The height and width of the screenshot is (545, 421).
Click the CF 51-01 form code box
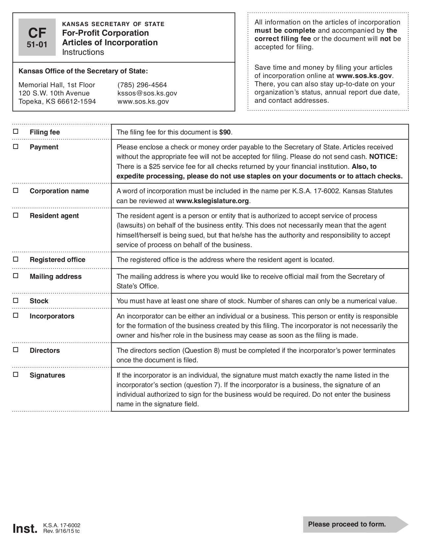37,37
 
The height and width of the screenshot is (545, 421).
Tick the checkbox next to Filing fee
16,131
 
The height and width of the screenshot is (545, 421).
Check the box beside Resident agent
16,215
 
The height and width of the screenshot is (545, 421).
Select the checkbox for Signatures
16,375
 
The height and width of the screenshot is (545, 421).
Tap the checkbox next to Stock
16,300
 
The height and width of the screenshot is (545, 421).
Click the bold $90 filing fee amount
225,132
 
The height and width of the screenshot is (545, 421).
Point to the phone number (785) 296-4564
142,85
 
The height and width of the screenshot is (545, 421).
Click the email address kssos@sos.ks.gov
147,93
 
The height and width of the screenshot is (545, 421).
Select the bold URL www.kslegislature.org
212,201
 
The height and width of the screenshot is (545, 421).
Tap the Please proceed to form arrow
355,524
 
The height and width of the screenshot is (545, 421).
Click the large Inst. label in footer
25,528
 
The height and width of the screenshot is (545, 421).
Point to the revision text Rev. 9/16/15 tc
61,531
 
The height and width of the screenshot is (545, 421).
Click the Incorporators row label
52,316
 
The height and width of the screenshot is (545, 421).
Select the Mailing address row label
55,276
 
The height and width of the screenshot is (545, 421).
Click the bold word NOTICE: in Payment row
383,157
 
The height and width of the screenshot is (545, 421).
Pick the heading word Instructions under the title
83,52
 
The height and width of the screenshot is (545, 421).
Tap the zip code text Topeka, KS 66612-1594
57,101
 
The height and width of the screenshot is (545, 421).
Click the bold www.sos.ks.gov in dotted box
364,76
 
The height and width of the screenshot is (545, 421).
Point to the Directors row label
45,350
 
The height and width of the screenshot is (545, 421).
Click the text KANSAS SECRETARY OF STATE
113,24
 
